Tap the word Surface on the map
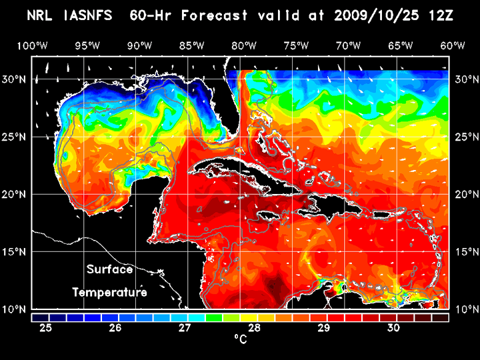click(x=109, y=270)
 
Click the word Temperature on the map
click(x=109, y=293)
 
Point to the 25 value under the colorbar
click(x=46, y=328)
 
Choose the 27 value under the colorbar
click(x=185, y=328)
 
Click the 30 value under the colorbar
click(x=393, y=328)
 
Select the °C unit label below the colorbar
click(x=241, y=339)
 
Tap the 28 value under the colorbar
click(x=255, y=328)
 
